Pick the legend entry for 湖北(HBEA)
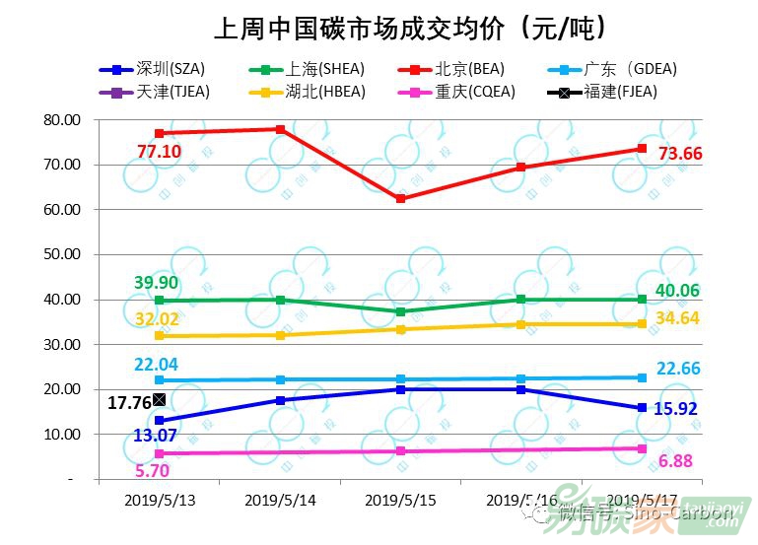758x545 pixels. tap(305, 93)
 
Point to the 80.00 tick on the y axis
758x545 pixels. tap(61, 120)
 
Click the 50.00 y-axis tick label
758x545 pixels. tap(61, 254)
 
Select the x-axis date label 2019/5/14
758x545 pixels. tap(280, 500)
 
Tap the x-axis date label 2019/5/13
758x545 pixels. tap(160, 500)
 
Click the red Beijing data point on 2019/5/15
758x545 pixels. tap(400, 199)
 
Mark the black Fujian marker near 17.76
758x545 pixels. tap(160, 399)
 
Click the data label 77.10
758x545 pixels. tap(159, 151)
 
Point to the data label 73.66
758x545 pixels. tap(680, 154)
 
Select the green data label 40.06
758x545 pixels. tap(680, 289)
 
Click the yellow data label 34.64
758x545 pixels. tap(680, 317)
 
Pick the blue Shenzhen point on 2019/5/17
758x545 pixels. tap(642, 408)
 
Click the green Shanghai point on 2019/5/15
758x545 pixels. tap(400, 311)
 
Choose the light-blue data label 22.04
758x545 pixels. tap(158, 364)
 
